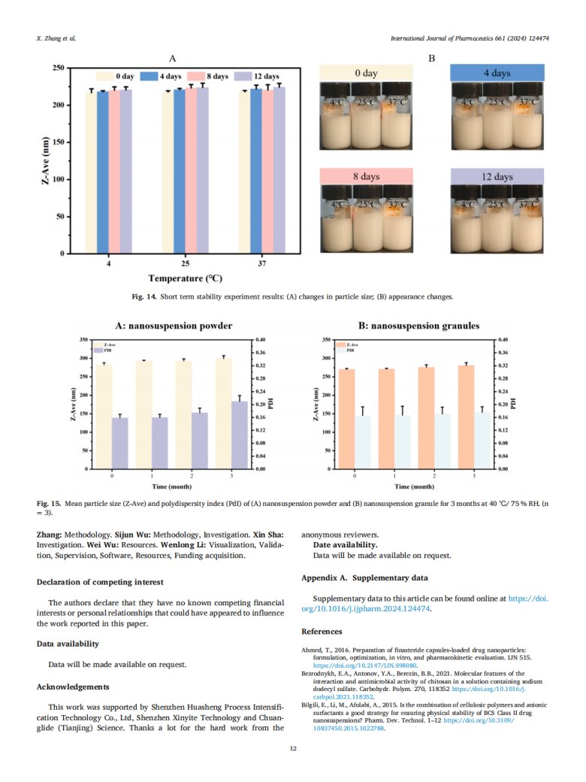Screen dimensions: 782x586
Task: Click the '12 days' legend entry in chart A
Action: pos(257,76)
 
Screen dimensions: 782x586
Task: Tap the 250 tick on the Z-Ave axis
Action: pos(57,68)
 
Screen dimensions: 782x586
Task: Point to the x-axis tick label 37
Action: pos(258,265)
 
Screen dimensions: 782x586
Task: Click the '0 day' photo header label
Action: pos(366,73)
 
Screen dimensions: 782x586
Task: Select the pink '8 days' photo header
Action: pos(366,176)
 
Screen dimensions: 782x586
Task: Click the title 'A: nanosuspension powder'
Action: pos(174,326)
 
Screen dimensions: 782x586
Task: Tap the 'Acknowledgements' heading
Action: pos(73,687)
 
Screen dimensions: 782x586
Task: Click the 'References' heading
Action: pos(322,631)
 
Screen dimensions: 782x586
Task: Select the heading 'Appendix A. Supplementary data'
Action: pos(364,578)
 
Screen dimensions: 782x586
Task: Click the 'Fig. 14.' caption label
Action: pos(144,297)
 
